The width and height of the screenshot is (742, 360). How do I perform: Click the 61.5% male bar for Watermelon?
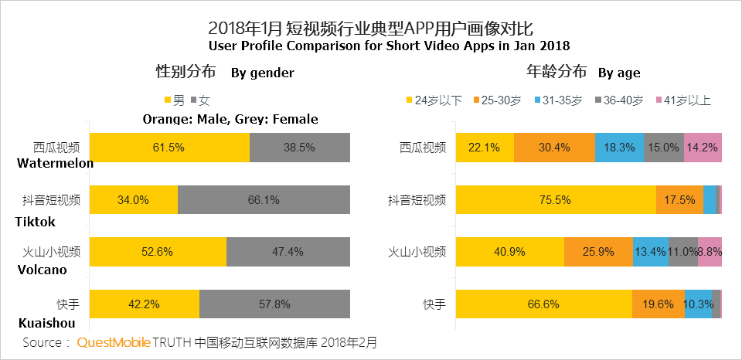click(169, 147)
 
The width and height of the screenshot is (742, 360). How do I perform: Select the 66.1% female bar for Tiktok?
click(264, 200)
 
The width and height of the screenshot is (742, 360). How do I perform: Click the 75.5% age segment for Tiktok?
click(555, 200)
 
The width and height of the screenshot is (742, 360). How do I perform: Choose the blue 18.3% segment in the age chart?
click(620, 148)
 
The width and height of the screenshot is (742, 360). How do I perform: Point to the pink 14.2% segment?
click(703, 148)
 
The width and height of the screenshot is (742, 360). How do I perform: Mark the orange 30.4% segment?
click(554, 148)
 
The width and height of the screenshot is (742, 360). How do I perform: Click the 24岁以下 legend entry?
click(434, 100)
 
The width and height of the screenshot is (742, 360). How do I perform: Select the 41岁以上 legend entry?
click(683, 100)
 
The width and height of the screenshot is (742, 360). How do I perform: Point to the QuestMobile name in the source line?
click(113, 341)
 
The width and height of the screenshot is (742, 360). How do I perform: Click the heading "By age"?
click(618, 73)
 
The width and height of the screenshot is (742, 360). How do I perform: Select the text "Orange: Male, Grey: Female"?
click(230, 119)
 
